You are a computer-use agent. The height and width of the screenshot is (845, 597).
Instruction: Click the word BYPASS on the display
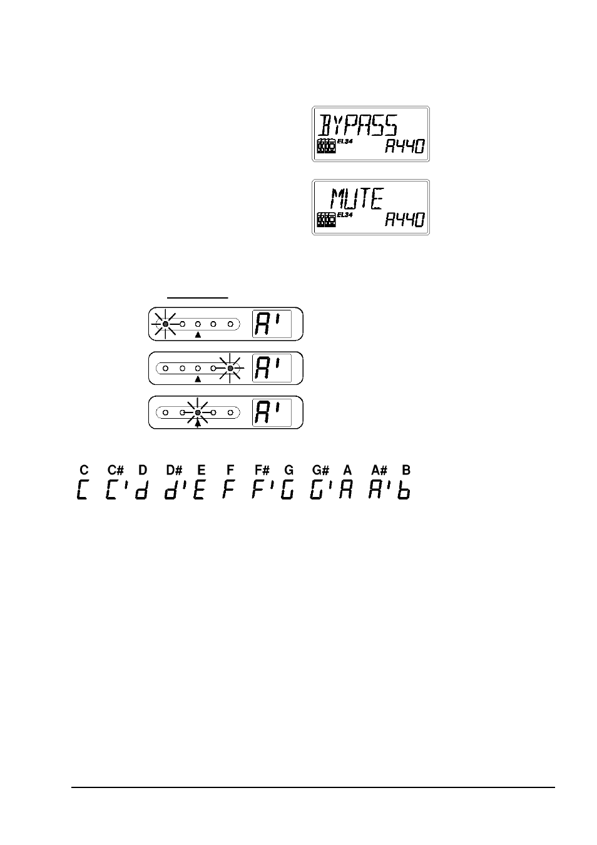click(x=357, y=125)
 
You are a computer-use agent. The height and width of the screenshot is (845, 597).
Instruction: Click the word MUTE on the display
click(x=357, y=198)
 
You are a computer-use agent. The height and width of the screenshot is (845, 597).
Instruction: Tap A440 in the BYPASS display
click(x=405, y=146)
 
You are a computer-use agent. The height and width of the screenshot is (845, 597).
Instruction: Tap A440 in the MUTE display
click(x=405, y=220)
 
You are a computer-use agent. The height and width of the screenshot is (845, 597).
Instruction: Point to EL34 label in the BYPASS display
click(x=345, y=142)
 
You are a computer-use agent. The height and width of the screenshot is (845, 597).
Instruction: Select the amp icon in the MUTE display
click(x=327, y=220)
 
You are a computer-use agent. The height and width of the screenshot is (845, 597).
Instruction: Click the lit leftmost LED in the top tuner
click(x=165, y=324)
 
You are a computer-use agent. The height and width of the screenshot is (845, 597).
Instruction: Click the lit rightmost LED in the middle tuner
click(x=230, y=368)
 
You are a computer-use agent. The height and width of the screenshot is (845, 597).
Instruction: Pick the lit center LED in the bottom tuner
click(x=198, y=412)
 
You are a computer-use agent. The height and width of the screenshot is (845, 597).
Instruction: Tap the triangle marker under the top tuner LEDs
click(x=198, y=335)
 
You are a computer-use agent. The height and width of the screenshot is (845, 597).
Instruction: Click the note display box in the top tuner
click(x=272, y=324)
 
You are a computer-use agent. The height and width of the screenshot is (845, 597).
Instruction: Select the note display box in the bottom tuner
click(x=272, y=412)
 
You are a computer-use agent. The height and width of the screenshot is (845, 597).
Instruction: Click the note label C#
click(x=115, y=470)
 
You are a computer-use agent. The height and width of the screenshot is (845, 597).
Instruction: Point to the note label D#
click(x=174, y=470)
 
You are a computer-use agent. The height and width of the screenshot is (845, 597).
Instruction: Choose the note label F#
click(x=262, y=470)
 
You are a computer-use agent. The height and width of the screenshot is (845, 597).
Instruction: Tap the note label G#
click(x=320, y=470)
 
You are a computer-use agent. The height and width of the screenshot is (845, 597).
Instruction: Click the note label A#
click(x=379, y=470)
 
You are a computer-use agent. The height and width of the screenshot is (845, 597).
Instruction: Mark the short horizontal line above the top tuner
click(x=198, y=298)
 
